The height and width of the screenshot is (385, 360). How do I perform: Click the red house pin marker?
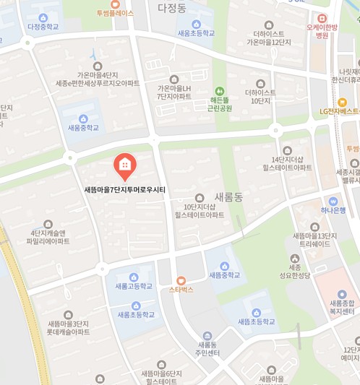tap(124, 166)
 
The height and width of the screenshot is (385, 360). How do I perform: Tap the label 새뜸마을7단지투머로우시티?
tap(125, 190)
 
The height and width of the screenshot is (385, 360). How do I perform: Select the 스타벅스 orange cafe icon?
tap(181, 280)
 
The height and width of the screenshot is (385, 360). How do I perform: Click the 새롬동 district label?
tap(230, 197)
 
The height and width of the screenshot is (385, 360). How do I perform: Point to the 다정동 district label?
tap(171, 8)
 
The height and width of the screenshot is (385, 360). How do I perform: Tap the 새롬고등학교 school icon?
tap(134, 277)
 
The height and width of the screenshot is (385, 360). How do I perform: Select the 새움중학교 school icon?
tap(83, 118)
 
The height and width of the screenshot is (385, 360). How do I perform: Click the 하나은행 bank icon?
tap(333, 201)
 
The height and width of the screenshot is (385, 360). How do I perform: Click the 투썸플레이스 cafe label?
tap(111, 13)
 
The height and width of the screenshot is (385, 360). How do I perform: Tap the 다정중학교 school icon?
tap(43, 17)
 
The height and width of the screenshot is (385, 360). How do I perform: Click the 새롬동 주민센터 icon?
tap(207, 335)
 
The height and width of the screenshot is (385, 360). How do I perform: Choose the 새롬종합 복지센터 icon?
tap(343, 294)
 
